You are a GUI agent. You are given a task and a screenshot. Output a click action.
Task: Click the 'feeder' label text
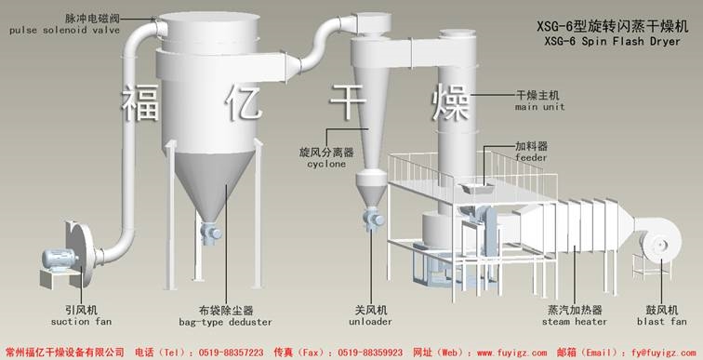(x=531, y=159)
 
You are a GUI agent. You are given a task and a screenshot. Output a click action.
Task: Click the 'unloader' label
(x=370, y=322)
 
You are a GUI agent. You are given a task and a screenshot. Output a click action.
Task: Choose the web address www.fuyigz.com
(x=499, y=353)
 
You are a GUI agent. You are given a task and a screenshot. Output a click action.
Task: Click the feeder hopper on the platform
(x=475, y=190)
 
